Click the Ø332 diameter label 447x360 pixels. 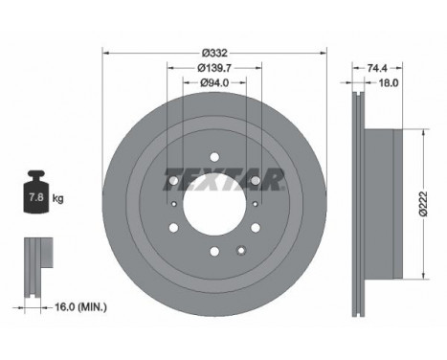pos(214,53)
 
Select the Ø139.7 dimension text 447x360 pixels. pos(214,68)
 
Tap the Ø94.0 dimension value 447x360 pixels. pos(214,82)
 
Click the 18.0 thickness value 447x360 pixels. pos(389,83)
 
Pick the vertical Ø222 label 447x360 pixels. pos(423,204)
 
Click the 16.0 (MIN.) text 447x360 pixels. pos(81,307)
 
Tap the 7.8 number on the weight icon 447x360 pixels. pos(36,197)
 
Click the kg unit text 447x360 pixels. pos(57,198)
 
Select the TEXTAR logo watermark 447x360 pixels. pos(223,179)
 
